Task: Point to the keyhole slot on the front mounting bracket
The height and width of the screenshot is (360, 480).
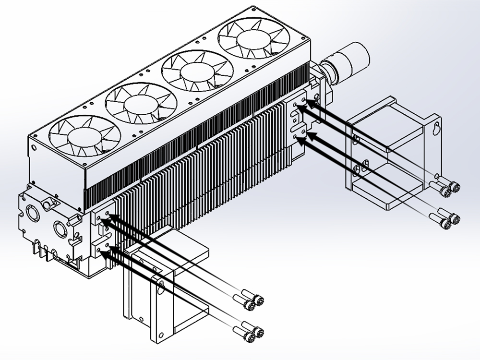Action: pyautogui.click(x=161, y=288)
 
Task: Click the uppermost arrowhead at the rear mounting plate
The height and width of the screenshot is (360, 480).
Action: pyautogui.click(x=309, y=102)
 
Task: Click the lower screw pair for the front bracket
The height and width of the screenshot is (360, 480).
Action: pyautogui.click(x=254, y=332)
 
